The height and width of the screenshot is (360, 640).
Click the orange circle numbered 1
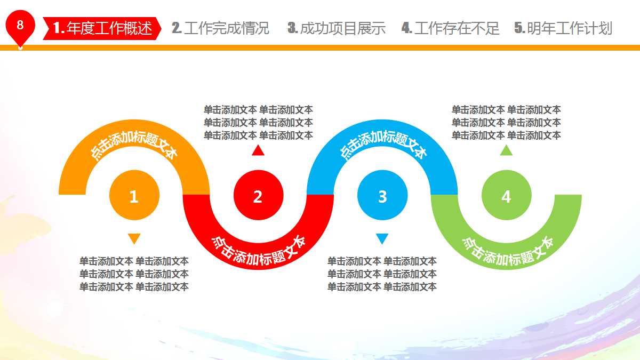click(x=134, y=196)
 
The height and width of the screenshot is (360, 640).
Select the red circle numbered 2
click(x=258, y=196)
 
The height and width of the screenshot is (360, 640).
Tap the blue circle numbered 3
click(x=382, y=196)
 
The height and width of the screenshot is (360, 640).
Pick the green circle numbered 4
click(x=506, y=196)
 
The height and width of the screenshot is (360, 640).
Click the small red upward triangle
click(x=258, y=150)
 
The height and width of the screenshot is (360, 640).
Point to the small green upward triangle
click(x=506, y=150)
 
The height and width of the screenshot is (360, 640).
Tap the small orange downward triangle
click(x=134, y=238)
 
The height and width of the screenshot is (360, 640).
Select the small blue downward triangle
click(x=382, y=238)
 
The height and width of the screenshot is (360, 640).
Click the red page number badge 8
click(x=20, y=26)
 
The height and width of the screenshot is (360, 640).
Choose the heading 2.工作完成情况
click(x=220, y=28)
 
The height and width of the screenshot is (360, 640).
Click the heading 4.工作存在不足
click(x=450, y=28)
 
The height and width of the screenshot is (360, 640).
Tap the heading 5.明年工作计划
click(x=563, y=28)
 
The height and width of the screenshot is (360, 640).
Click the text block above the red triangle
click(x=258, y=123)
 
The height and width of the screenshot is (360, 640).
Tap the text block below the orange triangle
click(x=134, y=274)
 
